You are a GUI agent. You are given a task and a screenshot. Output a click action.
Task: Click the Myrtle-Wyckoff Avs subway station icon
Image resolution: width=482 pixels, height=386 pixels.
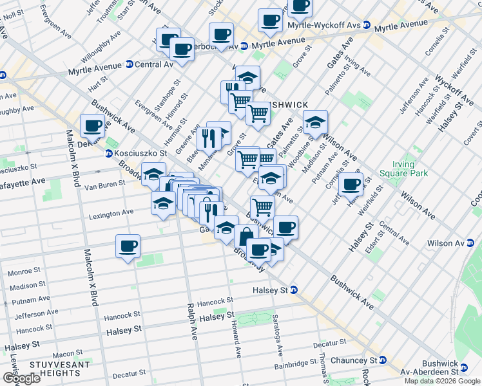pyautogui.click(x=367, y=25)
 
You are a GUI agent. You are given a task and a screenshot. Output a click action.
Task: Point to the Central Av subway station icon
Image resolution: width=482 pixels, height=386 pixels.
pyautogui.click(x=129, y=64)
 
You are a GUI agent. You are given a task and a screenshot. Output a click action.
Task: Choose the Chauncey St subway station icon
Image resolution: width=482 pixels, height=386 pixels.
pyautogui.click(x=383, y=360)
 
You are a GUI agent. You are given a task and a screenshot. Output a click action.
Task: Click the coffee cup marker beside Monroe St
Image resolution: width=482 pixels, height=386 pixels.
pyautogui.click(x=128, y=246)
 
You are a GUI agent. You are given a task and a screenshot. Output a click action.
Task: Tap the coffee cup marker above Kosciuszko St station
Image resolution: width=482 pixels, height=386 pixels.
pyautogui.click(x=92, y=125)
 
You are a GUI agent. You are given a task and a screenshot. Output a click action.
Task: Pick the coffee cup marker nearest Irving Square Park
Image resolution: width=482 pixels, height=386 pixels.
pyautogui.click(x=351, y=184)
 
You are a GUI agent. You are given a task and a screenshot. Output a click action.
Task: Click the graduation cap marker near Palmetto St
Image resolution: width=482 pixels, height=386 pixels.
pyautogui.click(x=315, y=122)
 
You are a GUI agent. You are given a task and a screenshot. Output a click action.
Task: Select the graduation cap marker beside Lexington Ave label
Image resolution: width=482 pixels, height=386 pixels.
pyautogui.click(x=163, y=202)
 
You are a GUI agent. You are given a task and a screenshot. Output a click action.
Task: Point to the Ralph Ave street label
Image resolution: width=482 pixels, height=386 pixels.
pyautogui.click(x=191, y=321)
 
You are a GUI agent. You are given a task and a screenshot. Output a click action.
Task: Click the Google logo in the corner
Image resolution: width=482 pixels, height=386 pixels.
pyautogui.click(x=21, y=378)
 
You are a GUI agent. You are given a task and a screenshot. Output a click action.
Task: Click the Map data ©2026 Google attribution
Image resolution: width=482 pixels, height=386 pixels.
pyautogui.click(x=442, y=381)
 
